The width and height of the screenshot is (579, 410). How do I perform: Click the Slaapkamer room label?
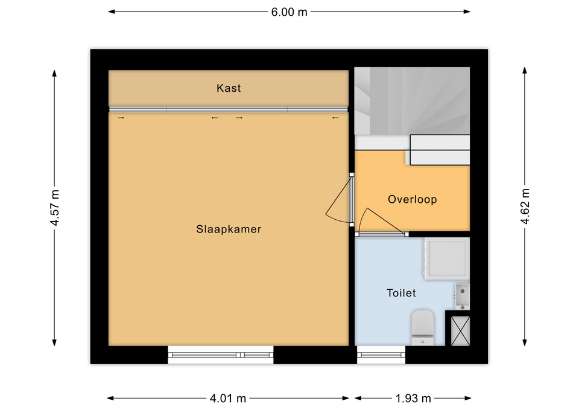(x=229, y=229)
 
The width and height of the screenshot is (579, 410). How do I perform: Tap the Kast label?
(x=229, y=88)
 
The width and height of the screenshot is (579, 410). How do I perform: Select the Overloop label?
(x=412, y=199)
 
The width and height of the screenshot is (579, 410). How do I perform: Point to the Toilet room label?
(x=401, y=293)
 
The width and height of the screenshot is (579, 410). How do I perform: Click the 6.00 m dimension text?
(x=289, y=12)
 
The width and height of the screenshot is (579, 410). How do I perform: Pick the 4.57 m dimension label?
(x=55, y=207)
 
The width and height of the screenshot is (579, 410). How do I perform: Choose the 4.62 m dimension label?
(x=525, y=206)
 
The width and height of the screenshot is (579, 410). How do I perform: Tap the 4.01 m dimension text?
(x=228, y=398)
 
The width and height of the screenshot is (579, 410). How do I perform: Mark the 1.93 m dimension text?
(x=413, y=398)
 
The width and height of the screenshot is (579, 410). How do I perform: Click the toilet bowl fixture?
(x=422, y=327)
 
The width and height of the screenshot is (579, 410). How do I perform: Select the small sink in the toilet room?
(x=462, y=296)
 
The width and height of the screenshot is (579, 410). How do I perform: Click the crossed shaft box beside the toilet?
(x=460, y=331)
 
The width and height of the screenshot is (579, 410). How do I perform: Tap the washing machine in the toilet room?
(x=447, y=258)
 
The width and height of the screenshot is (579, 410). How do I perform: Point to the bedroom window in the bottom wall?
(x=221, y=355)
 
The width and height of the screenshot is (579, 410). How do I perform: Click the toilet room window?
(x=381, y=355)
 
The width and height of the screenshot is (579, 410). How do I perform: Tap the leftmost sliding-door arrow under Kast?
(x=121, y=118)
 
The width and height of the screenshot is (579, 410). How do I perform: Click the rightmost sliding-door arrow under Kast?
(x=335, y=118)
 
